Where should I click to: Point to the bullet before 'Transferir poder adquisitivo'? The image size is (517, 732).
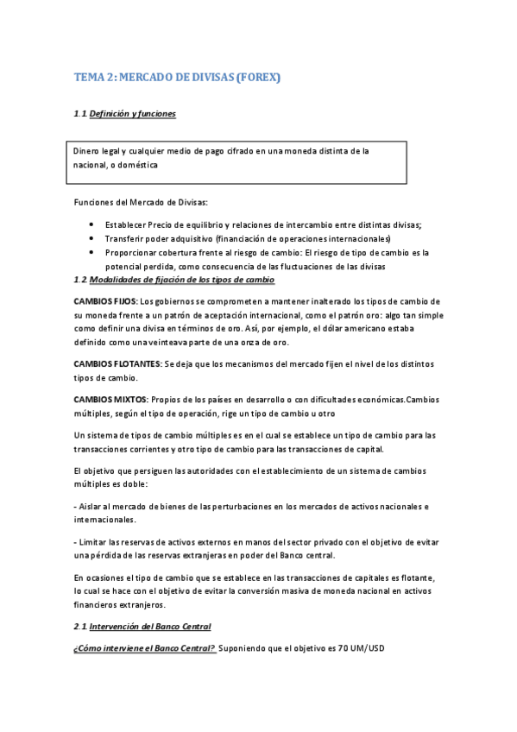click(x=91, y=238)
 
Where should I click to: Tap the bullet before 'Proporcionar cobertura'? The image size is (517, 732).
click(x=91, y=252)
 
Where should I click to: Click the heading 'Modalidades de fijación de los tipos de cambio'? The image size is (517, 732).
click(x=182, y=280)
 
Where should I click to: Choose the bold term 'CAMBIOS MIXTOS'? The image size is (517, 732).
click(x=109, y=399)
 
